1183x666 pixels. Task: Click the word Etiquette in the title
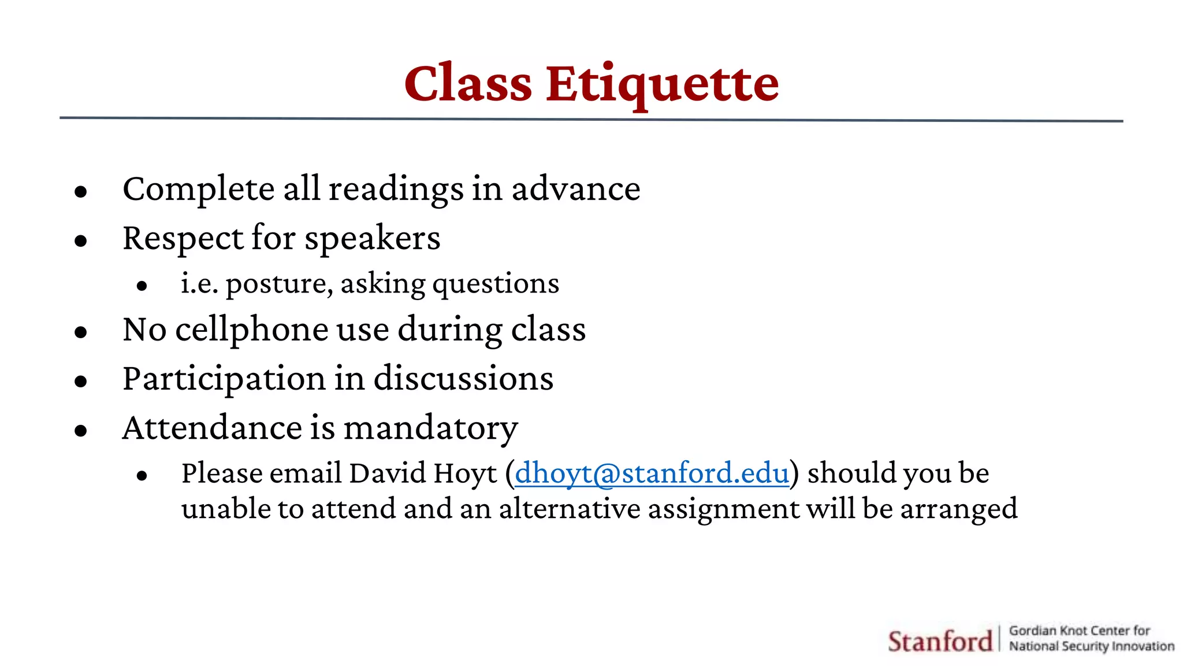[x=662, y=84]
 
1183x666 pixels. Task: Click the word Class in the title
[x=468, y=84]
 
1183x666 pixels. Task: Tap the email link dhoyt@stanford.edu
[x=652, y=473]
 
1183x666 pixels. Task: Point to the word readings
[x=396, y=190]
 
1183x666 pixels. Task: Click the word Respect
[x=183, y=238]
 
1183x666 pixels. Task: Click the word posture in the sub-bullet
[x=278, y=284]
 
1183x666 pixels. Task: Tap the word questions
[x=496, y=284]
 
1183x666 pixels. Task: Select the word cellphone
[x=252, y=330]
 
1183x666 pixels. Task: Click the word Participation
[x=224, y=379]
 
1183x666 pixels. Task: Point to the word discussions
[x=463, y=379]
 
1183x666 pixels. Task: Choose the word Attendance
[x=212, y=428]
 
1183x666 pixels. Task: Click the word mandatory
[x=430, y=428]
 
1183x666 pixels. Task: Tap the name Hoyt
[x=465, y=473]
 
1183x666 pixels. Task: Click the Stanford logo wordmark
[x=939, y=641]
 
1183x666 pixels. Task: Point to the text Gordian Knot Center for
[x=1079, y=630]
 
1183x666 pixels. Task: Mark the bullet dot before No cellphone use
[x=81, y=332]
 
